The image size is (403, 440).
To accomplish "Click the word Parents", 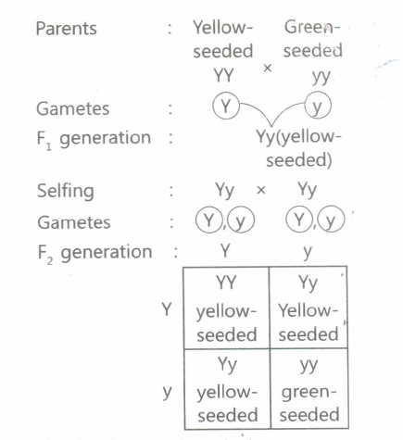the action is tap(67, 29).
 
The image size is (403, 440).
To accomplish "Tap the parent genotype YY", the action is tap(223, 75).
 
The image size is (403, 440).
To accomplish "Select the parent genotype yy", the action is tap(321, 76).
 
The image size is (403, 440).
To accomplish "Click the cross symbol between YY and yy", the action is tap(268, 68).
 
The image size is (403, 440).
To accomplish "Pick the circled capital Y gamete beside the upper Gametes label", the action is tap(226, 106).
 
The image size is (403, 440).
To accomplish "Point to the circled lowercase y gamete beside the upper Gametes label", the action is tap(318, 106).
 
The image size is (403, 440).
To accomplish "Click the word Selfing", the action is tap(66, 191).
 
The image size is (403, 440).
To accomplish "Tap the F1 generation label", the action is tap(94, 139).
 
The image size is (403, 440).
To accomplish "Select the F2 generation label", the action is tap(94, 253).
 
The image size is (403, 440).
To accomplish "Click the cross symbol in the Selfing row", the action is tap(261, 190).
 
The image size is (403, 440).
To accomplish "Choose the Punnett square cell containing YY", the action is tap(226, 308).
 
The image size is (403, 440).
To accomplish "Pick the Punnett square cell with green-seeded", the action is tap(309, 389).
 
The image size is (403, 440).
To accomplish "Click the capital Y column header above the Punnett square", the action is tap(225, 250).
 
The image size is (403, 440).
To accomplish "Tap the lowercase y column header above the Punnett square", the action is tap(308, 253).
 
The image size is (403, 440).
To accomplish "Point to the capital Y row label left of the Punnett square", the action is tap(167, 308).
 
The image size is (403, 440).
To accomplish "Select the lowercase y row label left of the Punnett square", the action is tap(167, 392).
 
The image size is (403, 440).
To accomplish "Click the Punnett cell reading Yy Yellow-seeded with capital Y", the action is tap(309, 308).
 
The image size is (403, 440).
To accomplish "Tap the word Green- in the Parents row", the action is tap(312, 27).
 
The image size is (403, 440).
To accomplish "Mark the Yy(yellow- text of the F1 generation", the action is tap(298, 137).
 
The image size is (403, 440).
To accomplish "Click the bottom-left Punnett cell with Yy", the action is tap(227, 389).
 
